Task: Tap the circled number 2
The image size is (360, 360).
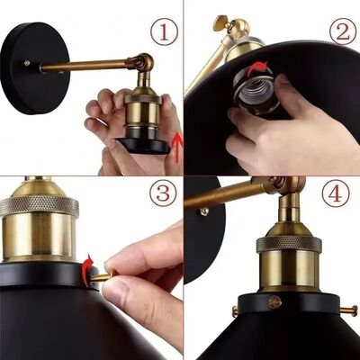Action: pyautogui.click(x=341, y=32)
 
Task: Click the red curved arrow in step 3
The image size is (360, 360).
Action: pyautogui.click(x=87, y=265)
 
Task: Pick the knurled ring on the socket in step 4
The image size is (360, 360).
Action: pyautogui.click(x=288, y=243)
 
